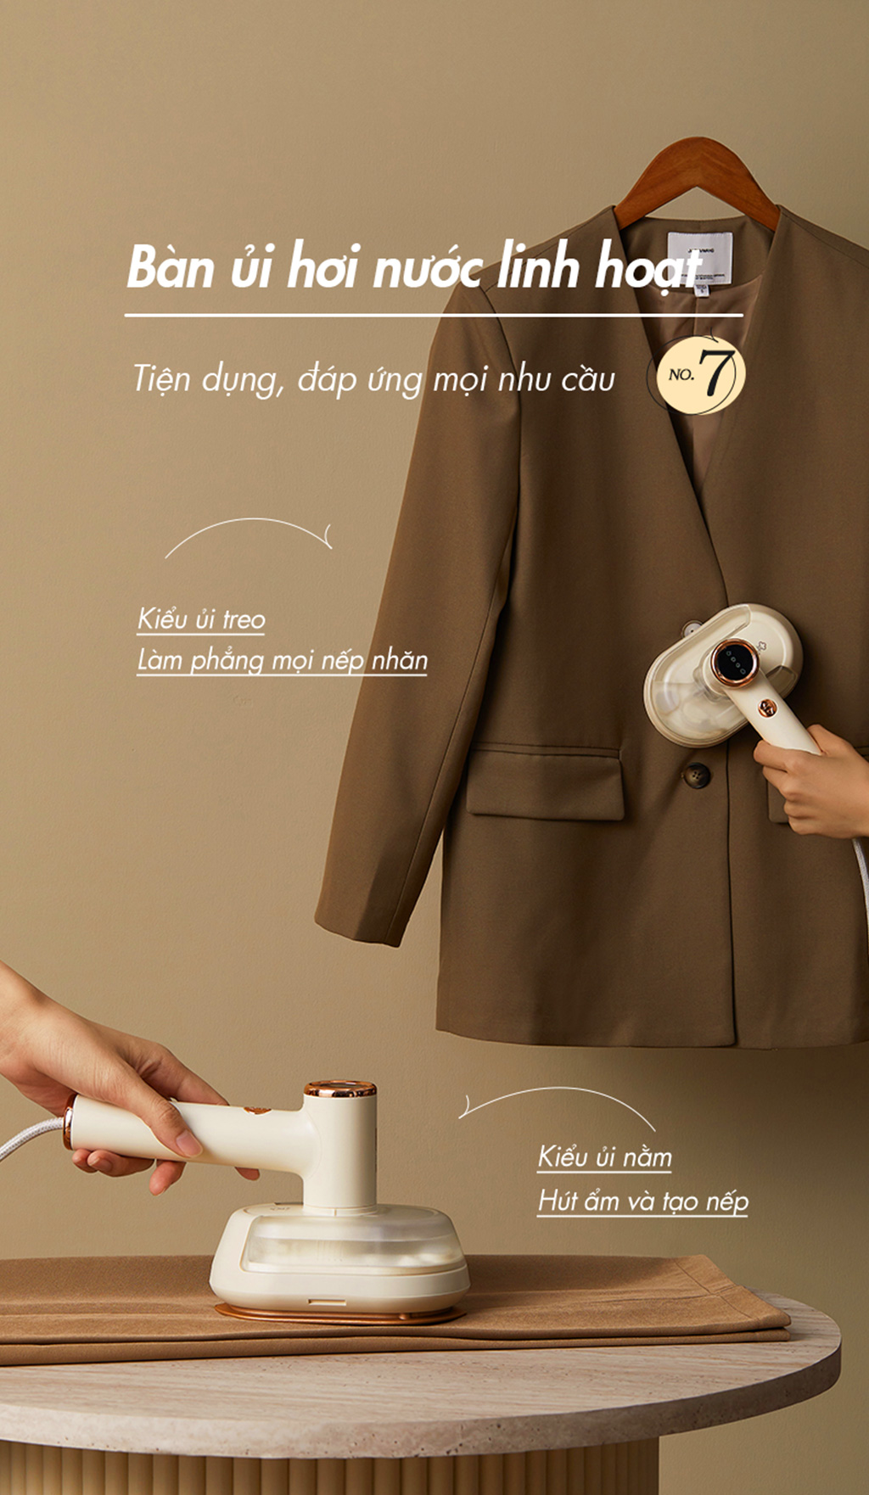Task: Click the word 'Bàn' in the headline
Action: [x=170, y=267]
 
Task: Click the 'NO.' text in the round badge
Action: [x=681, y=374]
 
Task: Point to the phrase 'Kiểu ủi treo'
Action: [x=201, y=619]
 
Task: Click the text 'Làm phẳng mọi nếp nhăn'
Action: [x=282, y=660]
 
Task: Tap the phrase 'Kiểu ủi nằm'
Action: [x=604, y=1157]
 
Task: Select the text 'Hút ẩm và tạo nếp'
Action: [x=642, y=1201]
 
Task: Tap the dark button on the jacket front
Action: [x=697, y=774]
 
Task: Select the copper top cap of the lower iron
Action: [x=340, y=1089]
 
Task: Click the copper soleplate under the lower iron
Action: [x=339, y=1314]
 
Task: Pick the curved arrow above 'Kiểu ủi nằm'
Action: [x=556, y=1100]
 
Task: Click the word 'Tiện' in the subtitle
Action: [x=161, y=378]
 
